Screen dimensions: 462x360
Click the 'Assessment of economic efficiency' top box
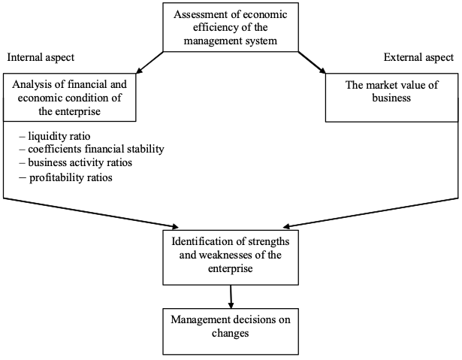(x=231, y=27)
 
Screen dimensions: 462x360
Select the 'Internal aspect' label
(x=41, y=57)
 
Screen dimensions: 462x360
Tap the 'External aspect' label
(x=418, y=57)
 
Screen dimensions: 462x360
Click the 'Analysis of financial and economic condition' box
(x=70, y=97)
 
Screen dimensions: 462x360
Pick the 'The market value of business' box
(x=392, y=97)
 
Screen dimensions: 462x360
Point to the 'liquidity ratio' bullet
(x=55, y=136)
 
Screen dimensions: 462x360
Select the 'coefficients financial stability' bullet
(x=92, y=150)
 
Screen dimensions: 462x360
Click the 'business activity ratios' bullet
(x=76, y=162)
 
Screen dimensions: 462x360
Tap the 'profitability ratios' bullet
(x=65, y=178)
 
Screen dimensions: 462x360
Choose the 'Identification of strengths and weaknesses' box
(x=231, y=257)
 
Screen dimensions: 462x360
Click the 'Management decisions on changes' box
(x=231, y=331)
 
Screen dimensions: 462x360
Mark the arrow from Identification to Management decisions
(x=231, y=297)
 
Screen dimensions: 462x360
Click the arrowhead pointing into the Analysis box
(x=139, y=71)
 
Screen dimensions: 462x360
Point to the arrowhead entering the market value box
(x=322, y=71)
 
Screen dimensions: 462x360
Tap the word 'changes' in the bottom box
(x=231, y=333)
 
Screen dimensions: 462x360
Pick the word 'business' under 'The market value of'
(x=391, y=98)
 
